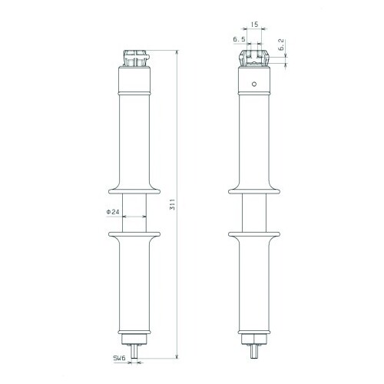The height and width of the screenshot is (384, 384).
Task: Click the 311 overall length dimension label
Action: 173,204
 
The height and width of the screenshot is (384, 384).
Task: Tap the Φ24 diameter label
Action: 113,212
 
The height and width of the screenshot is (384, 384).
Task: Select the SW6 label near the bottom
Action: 120,358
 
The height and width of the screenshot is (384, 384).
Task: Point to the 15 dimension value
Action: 254,25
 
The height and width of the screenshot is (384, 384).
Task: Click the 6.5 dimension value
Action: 239,39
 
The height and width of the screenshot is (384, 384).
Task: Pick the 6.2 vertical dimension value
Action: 281,45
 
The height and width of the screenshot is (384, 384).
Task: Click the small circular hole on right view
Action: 254,84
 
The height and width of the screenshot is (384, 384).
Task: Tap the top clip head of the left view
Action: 135,58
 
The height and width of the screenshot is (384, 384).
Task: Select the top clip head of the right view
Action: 254,58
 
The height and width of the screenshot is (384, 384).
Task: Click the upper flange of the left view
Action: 134,191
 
